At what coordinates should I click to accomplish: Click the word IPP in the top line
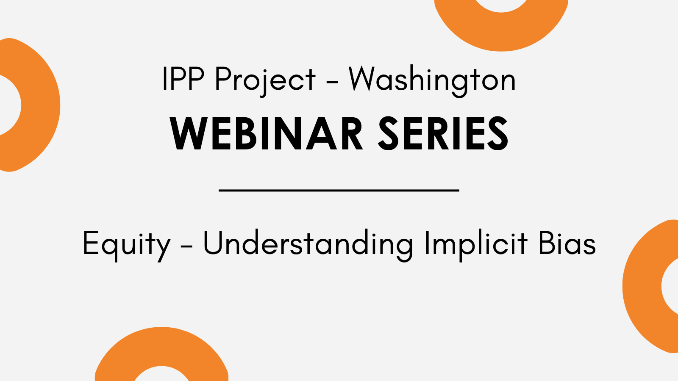[x=183, y=79]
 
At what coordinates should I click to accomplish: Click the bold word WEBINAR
[x=267, y=133]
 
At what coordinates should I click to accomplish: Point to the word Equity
[x=127, y=245]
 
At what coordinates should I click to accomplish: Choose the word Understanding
[x=308, y=245]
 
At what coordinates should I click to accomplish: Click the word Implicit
[x=476, y=245]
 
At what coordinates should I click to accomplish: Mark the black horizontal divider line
[x=339, y=190]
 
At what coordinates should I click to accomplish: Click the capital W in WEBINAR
[x=189, y=133]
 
